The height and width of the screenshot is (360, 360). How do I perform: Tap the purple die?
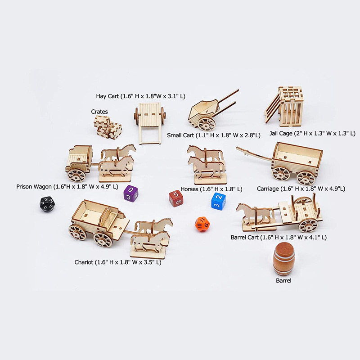(x=130, y=193)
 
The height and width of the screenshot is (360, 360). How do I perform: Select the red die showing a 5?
(x=175, y=198)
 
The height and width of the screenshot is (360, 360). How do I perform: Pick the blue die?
(x=218, y=201)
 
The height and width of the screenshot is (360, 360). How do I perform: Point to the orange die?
(x=202, y=224)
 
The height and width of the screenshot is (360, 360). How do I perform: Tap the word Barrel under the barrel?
(x=283, y=280)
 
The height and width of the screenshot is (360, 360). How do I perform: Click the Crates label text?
(x=99, y=112)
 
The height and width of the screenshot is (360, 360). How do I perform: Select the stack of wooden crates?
(x=108, y=126)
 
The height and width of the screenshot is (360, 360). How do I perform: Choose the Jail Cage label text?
(x=318, y=134)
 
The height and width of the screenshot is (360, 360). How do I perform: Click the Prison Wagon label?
(x=67, y=186)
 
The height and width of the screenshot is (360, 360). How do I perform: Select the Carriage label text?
(x=301, y=189)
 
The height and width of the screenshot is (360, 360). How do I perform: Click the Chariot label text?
(x=118, y=262)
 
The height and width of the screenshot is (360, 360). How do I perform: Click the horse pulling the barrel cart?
(x=255, y=213)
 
